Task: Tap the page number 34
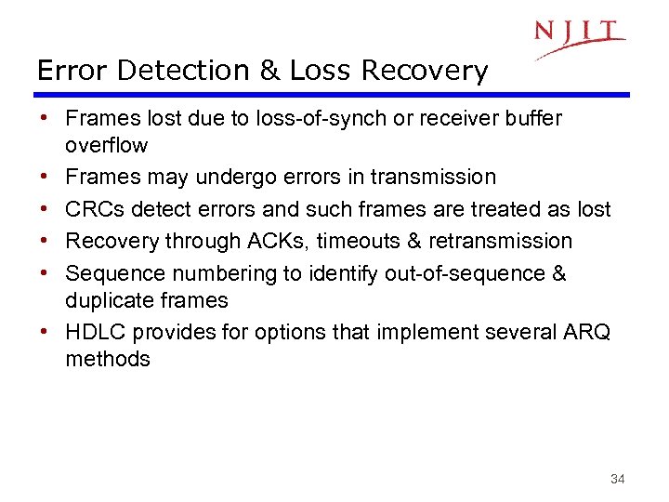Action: [x=617, y=479]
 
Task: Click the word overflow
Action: [x=106, y=145]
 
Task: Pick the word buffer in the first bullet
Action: [x=532, y=118]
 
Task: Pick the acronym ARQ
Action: [x=587, y=332]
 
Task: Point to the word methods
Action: [x=107, y=359]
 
